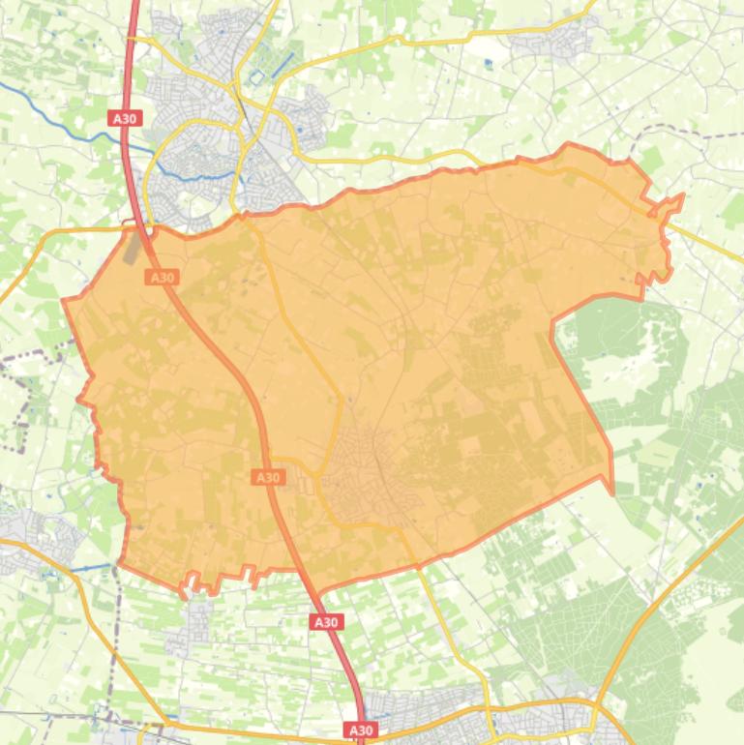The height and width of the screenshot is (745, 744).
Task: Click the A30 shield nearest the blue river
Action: point(125,118)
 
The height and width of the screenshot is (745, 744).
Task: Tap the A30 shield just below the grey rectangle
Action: point(162,278)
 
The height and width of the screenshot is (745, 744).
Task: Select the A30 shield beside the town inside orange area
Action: point(268,477)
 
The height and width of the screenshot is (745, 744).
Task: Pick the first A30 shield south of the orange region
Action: point(326,622)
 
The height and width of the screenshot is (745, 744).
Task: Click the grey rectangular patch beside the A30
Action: point(134,248)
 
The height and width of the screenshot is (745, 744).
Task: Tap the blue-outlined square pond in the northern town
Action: point(256,77)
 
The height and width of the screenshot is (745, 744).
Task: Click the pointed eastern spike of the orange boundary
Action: point(681,197)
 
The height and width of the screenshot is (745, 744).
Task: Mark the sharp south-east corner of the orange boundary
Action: point(611,491)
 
